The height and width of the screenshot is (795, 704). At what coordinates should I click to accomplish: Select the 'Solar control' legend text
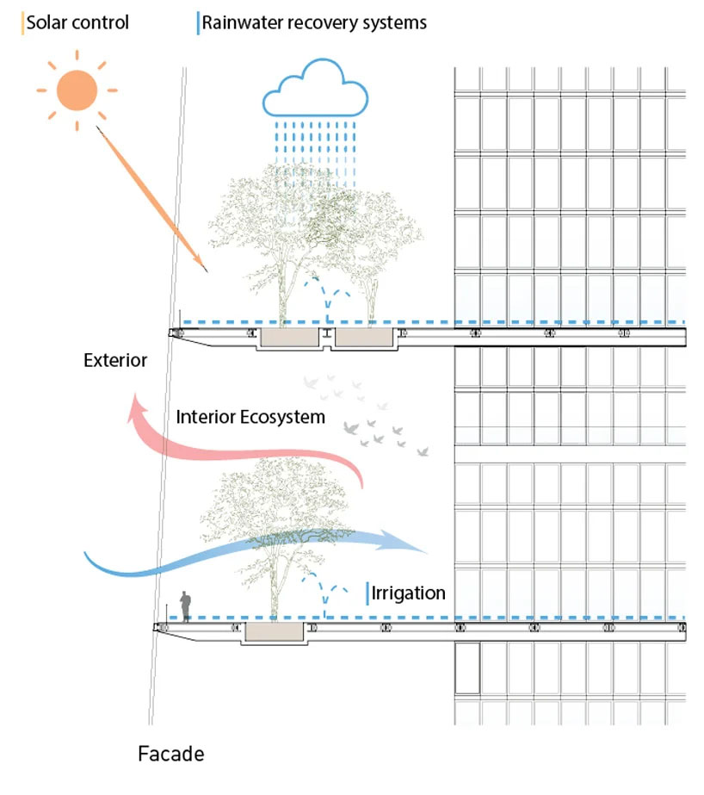(77, 22)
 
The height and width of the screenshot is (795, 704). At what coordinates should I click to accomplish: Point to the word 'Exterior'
(115, 360)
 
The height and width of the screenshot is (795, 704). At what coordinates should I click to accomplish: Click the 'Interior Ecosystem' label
(250, 418)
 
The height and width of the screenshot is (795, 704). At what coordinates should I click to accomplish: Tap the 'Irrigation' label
(410, 593)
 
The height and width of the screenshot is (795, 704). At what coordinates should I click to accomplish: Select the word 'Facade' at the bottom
(171, 755)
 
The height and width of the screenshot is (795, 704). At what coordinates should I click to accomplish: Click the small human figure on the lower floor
(184, 606)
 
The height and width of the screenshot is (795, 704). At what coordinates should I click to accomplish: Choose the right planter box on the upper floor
(364, 339)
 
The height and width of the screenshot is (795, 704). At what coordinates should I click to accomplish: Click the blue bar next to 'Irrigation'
(368, 593)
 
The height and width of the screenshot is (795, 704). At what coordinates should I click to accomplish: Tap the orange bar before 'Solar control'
(22, 22)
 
